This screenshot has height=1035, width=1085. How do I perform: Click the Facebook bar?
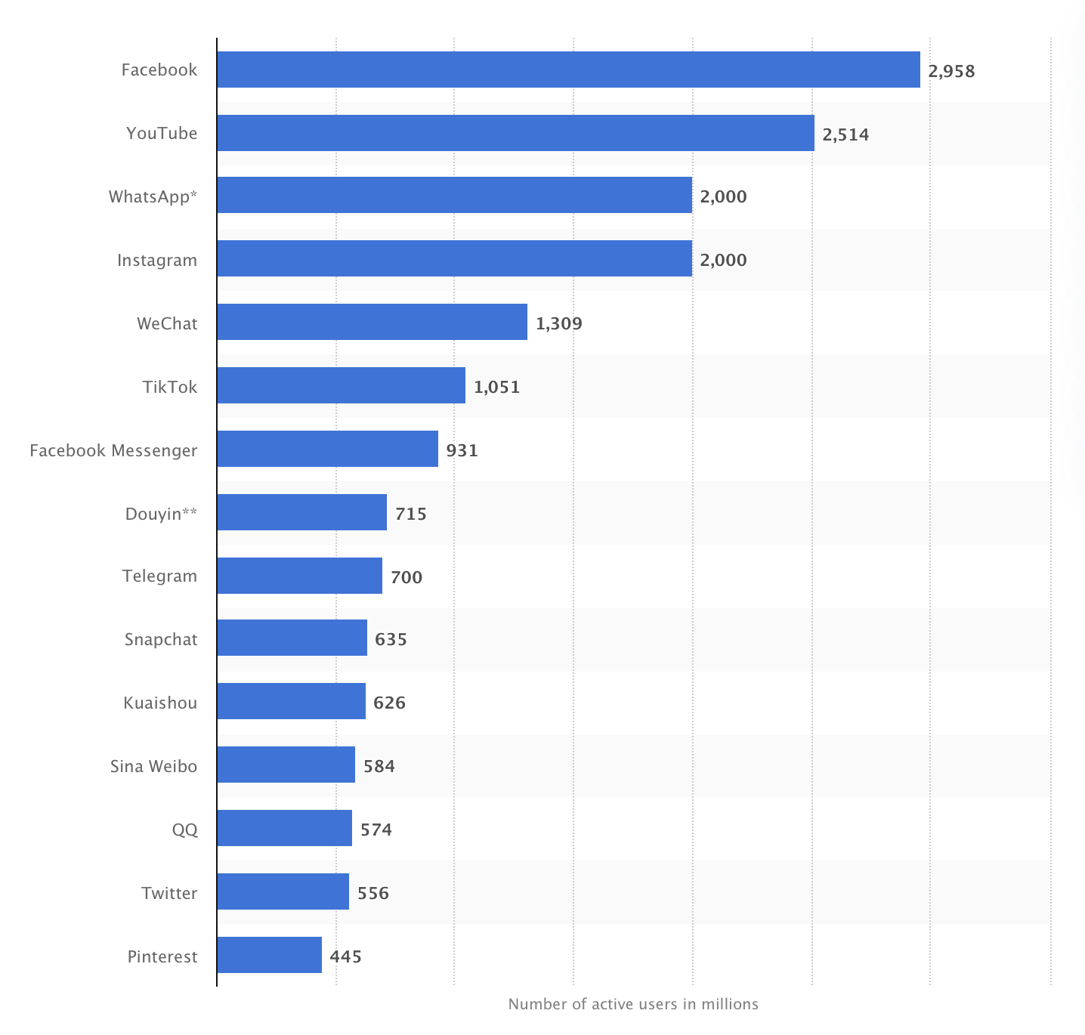pyautogui.click(x=568, y=70)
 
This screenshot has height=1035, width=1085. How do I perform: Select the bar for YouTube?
pyautogui.click(x=515, y=133)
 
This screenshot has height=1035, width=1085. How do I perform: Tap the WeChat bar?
pyautogui.click(x=372, y=322)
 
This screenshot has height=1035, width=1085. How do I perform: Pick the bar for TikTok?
pyautogui.click(x=341, y=385)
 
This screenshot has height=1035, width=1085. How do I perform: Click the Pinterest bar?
pyautogui.click(x=269, y=955)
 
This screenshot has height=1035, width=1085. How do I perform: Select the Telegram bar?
pyautogui.click(x=299, y=576)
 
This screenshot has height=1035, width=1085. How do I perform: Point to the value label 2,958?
pyautogui.click(x=951, y=71)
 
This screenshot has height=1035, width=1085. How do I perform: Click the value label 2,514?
pyautogui.click(x=845, y=134)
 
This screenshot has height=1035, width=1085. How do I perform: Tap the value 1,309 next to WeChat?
pyautogui.click(x=559, y=323)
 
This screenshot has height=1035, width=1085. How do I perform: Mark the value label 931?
pyautogui.click(x=462, y=450)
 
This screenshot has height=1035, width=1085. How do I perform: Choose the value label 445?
pyautogui.click(x=345, y=956)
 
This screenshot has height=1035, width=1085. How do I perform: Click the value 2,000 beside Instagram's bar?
pyautogui.click(x=723, y=260)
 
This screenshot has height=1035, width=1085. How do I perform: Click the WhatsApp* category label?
pyautogui.click(x=153, y=196)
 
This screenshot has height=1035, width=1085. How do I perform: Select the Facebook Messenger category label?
pyautogui.click(x=113, y=450)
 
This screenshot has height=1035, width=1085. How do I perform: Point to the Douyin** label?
pyautogui.click(x=161, y=514)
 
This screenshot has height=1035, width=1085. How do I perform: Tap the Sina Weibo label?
pyautogui.click(x=153, y=766)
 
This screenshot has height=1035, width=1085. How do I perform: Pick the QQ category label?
pyautogui.click(x=184, y=830)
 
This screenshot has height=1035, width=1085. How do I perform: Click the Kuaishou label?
pyautogui.click(x=160, y=703)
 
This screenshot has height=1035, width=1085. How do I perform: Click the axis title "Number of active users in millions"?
pyautogui.click(x=633, y=1004)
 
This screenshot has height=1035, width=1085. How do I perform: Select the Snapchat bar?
pyautogui.click(x=292, y=638)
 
